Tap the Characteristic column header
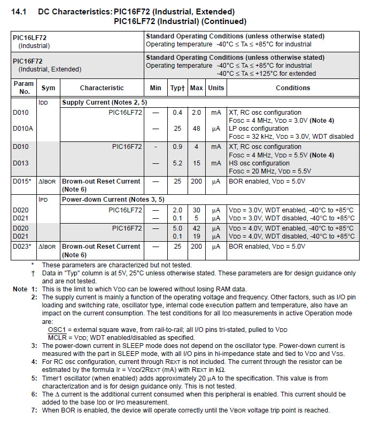tap(102, 88)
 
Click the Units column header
tap(216, 88)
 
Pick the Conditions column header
tap(293, 88)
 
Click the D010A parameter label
tap(23, 129)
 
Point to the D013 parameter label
tap(21, 163)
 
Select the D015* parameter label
tap(23, 181)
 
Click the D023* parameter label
tap(23, 247)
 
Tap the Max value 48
tap(196, 129)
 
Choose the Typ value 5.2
tap(177, 163)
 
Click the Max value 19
tap(196, 236)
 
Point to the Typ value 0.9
tap(177, 147)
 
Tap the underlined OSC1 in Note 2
tap(57, 329)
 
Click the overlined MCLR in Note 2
tap(58, 338)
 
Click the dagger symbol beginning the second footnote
tap(33, 273)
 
